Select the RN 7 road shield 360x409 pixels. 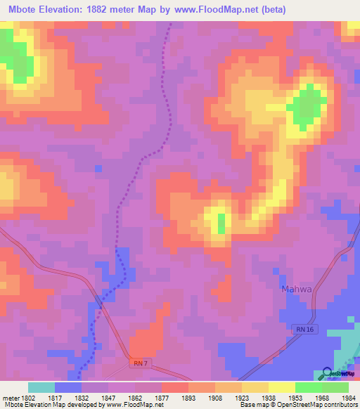coord(141,363)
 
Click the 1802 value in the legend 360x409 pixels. coord(25,397)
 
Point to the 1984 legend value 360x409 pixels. coord(349,397)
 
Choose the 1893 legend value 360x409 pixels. coord(188,397)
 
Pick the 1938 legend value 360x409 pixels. coord(269,397)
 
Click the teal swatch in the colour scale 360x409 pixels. coord(41,387)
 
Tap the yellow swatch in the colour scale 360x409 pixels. coord(282,387)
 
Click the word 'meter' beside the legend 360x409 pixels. coord(10,397)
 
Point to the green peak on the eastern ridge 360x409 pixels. coord(307,108)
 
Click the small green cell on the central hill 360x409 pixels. coord(221,224)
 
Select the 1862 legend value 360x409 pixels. coord(135,397)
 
